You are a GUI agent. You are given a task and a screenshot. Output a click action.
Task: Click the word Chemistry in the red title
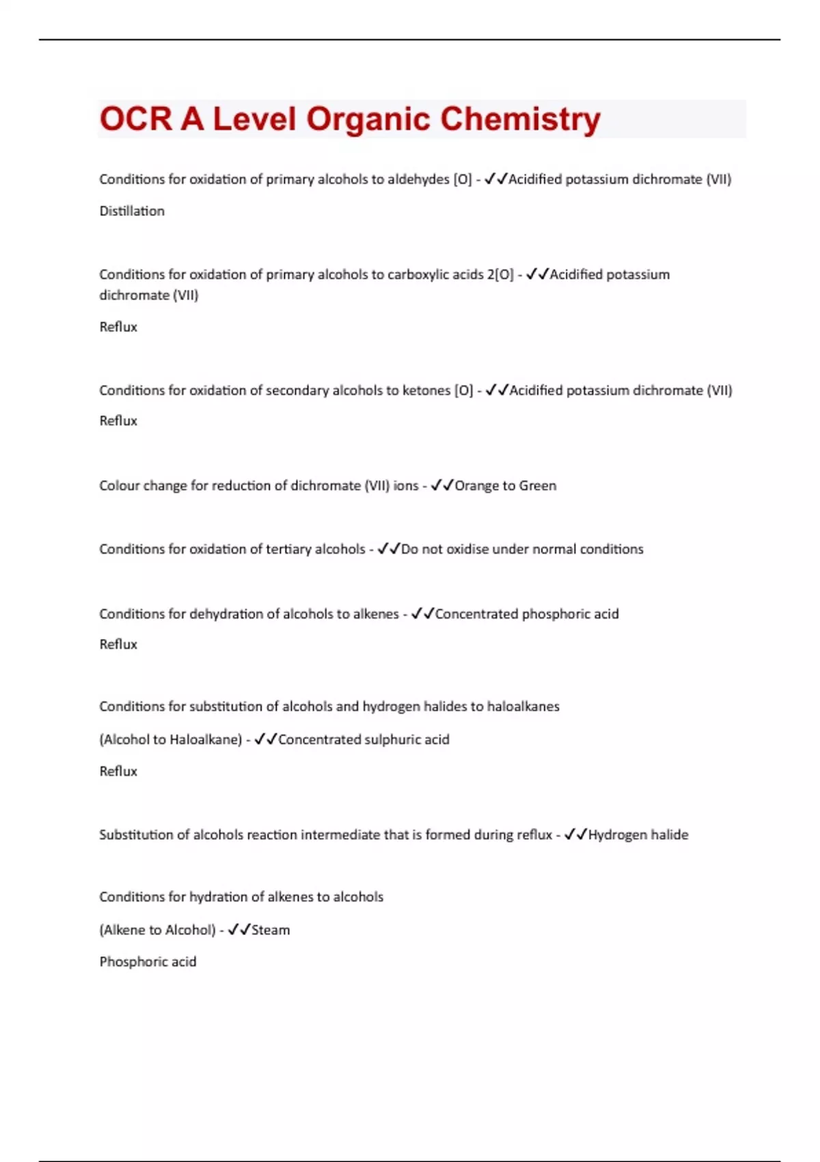(x=520, y=119)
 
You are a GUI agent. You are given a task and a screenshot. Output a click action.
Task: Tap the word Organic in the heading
(x=368, y=119)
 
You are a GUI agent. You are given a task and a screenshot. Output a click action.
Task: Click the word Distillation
(x=132, y=211)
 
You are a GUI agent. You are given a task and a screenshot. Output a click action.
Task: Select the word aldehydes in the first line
(x=418, y=179)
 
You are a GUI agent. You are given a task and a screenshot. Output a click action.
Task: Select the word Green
(x=538, y=486)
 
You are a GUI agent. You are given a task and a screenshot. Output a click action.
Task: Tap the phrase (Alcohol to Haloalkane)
(x=171, y=740)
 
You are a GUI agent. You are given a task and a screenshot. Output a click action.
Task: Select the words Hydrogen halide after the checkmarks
(x=638, y=835)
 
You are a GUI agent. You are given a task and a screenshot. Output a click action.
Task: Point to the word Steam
(x=271, y=930)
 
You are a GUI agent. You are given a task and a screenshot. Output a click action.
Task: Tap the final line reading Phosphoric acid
(x=148, y=962)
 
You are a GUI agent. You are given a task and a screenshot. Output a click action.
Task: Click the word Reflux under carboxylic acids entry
(x=118, y=327)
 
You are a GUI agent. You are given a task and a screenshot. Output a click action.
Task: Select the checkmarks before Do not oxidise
(x=389, y=549)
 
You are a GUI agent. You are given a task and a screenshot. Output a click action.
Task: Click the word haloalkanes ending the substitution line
(x=523, y=707)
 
